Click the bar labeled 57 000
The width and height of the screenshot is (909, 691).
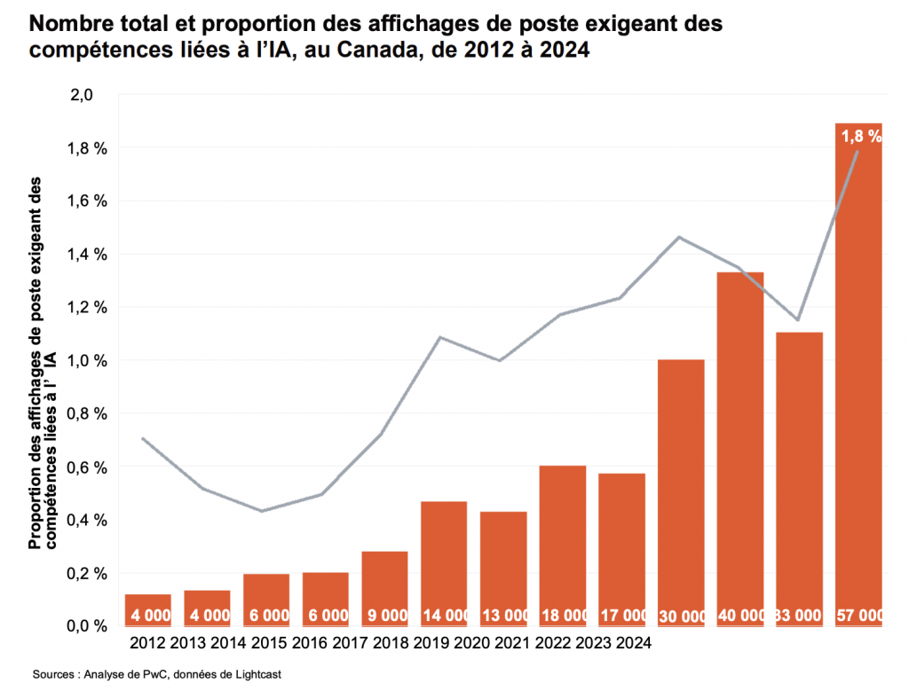coord(858,373)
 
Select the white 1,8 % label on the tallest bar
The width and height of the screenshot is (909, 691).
coord(859,137)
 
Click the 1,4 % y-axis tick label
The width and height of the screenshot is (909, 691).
coord(87,255)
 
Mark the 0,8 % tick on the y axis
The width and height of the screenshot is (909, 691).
coord(87,414)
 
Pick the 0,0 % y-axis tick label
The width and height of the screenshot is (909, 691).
coord(87,626)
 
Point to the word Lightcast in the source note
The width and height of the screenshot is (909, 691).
coord(256,675)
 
